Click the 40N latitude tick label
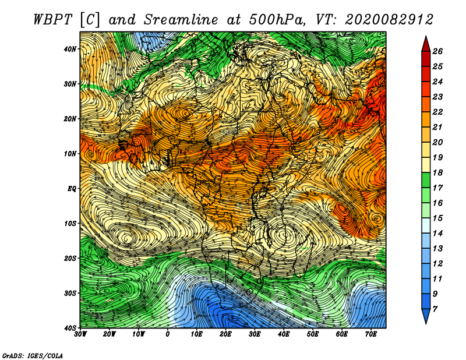[70, 49]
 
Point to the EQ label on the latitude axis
[72, 189]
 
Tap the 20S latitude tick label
[70, 258]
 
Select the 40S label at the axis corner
[70, 328]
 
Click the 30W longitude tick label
[80, 334]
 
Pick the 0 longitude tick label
[168, 334]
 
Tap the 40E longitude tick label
[284, 334]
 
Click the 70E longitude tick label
[370, 334]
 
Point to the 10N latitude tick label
[70, 154]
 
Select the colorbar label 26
[437, 51]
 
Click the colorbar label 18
[437, 172]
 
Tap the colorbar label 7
[435, 309]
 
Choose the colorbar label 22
[437, 112]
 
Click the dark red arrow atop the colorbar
[426, 44]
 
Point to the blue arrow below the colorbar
[426, 316]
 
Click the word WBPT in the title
[52, 20]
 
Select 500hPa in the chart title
[277, 20]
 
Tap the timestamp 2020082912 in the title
[389, 20]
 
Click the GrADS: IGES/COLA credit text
[33, 356]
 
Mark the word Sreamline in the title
[181, 20]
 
